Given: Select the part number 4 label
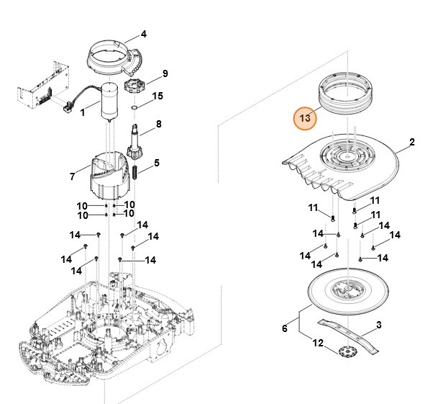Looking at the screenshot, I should (144, 34).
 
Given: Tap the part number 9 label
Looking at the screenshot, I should (165, 73).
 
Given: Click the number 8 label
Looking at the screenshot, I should (159, 124).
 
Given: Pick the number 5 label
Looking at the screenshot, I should (157, 163).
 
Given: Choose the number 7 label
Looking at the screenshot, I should (72, 176).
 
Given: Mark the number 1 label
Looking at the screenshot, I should (83, 112).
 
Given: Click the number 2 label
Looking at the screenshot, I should (412, 143).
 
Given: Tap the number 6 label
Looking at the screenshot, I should (284, 328).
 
